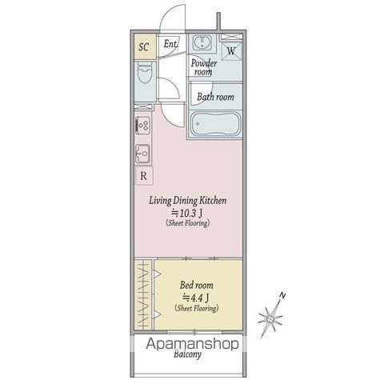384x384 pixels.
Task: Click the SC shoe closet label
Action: click(144, 46)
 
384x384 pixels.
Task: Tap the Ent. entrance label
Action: click(170, 46)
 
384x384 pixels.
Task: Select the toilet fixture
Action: click(144, 78)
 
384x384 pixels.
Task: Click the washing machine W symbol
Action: click(231, 50)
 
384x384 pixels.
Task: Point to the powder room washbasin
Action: click(203, 43)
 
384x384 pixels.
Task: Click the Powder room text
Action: click(203, 66)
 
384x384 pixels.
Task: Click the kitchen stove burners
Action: click(143, 126)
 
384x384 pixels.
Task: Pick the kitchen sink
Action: click(143, 152)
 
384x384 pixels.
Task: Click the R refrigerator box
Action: click(143, 176)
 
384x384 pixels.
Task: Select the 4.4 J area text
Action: click(197, 296)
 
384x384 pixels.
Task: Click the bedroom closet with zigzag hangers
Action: click(143, 294)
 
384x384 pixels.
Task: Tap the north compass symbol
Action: click(272, 317)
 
